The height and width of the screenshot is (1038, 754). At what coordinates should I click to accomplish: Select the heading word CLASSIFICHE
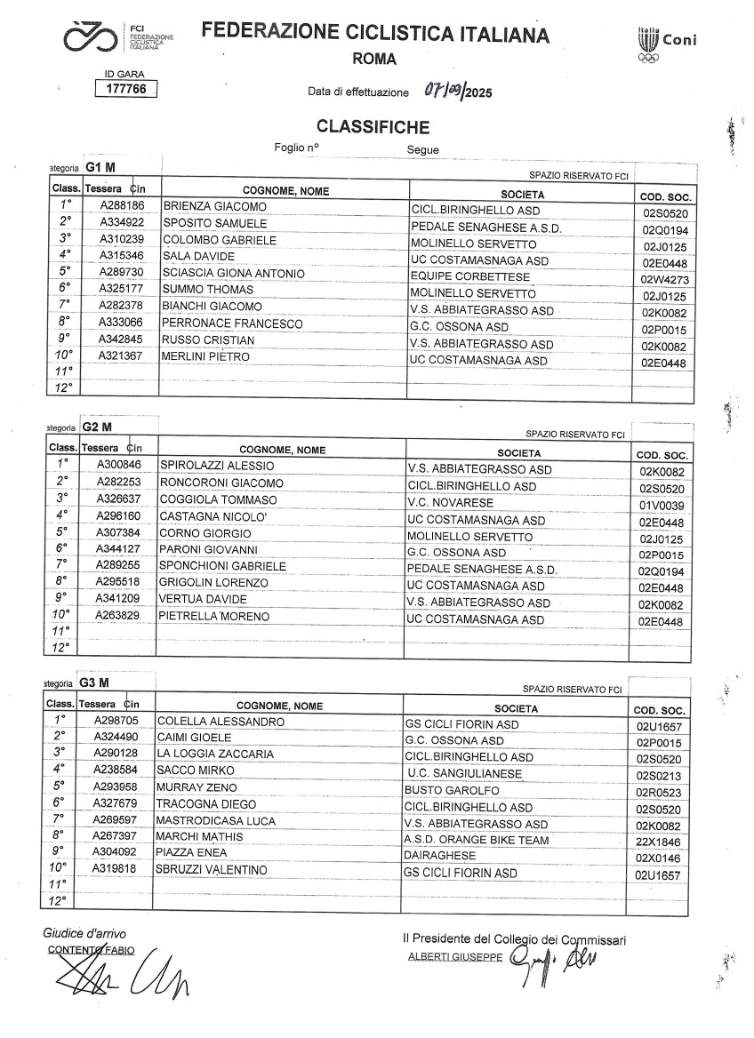pos(373,127)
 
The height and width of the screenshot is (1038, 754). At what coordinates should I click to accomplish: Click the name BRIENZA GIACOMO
pos(215,207)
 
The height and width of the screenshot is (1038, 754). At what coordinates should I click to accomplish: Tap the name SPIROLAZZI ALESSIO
pos(216,466)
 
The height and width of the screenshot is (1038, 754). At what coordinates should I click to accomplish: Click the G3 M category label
pos(94,683)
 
